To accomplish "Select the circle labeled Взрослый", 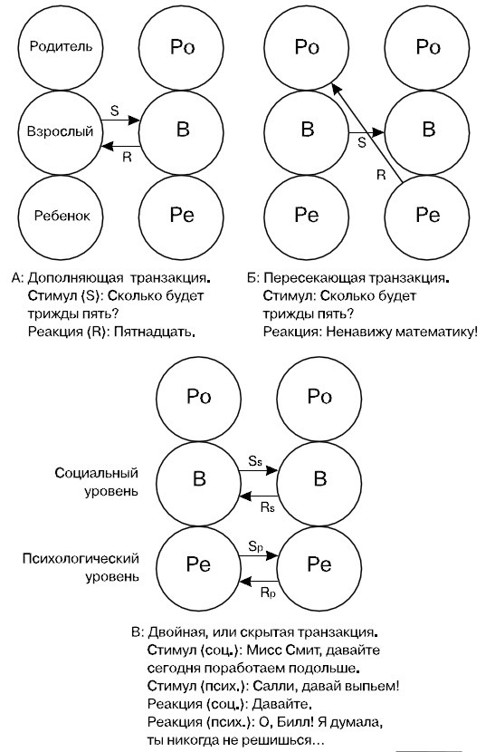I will coord(60,131).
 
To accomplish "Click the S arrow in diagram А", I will coord(119,120).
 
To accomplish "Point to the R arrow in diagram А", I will coord(119,145).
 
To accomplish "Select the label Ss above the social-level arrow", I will coord(255,463).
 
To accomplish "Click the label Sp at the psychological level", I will coord(255,547).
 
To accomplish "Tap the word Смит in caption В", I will coord(305,651).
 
